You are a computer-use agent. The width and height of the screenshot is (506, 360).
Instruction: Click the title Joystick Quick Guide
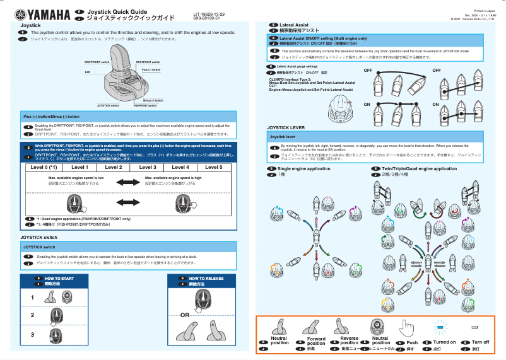coord(117,11)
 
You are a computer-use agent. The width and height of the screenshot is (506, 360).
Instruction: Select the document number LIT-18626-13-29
coord(209,13)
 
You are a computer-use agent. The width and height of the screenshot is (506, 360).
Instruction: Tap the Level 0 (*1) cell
coord(44,167)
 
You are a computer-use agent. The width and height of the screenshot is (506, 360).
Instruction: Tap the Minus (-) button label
coord(153,100)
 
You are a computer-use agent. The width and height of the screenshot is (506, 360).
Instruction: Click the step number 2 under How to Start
coord(32,315)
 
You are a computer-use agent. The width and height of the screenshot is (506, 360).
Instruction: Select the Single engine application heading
coord(303,169)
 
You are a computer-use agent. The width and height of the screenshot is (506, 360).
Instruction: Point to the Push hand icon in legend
coord(407,328)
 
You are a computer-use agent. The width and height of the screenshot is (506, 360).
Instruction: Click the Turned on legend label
coord(444,342)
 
